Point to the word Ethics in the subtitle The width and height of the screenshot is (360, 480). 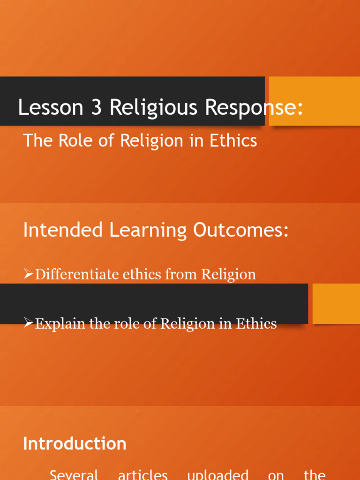[x=234, y=140]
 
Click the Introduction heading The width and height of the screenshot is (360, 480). [x=75, y=443]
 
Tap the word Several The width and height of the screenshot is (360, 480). [x=74, y=474]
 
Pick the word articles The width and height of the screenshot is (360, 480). [x=143, y=474]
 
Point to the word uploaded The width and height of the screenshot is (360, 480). [x=217, y=474]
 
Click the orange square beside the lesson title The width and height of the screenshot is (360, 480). [x=314, y=101]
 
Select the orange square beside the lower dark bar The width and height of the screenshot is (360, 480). [x=336, y=303]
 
